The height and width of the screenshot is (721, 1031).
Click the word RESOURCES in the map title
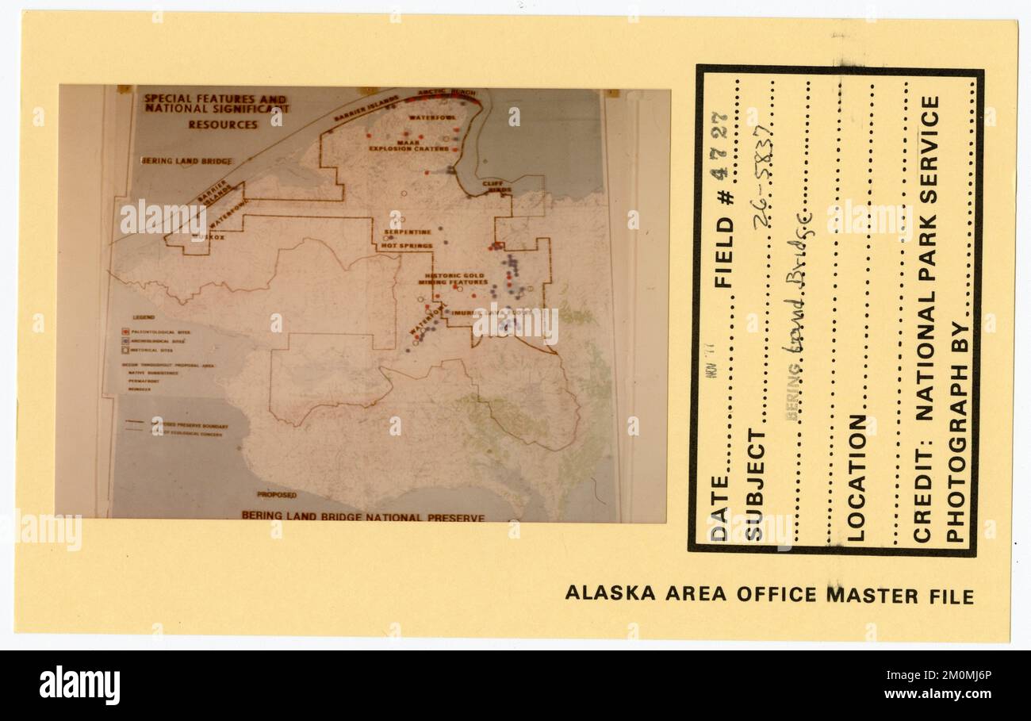pos(222,125)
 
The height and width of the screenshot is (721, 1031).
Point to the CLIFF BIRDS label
pos(493,186)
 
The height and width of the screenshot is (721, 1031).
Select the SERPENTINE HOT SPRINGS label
pos(406,239)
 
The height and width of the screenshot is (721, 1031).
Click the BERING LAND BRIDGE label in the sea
pos(187,161)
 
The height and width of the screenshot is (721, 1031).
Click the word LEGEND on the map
pos(133,317)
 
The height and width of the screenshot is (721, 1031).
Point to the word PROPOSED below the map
pos(276,495)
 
